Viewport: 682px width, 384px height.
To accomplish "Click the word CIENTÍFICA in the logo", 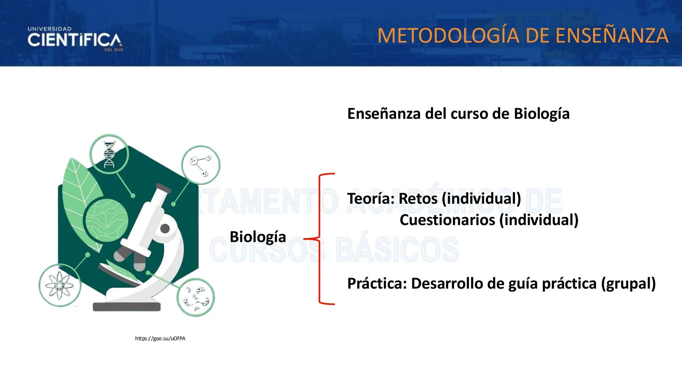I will (x=75, y=40).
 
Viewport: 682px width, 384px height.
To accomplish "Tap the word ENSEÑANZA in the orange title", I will (x=612, y=36).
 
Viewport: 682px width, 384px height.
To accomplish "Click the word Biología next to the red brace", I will (x=258, y=237).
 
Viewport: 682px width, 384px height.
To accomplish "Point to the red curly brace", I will (x=321, y=238).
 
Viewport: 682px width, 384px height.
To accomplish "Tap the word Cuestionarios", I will (x=447, y=220).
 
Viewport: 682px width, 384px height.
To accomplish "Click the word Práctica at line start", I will (x=377, y=283).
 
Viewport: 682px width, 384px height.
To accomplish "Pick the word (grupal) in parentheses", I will (x=628, y=283).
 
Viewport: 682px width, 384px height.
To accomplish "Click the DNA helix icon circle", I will (x=109, y=154).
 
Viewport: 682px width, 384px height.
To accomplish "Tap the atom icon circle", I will (x=60, y=285).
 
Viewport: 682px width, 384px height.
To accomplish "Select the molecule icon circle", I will (x=201, y=165).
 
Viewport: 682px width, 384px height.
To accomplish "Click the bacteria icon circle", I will (x=195, y=297).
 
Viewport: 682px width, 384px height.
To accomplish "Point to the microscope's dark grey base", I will (x=126, y=307).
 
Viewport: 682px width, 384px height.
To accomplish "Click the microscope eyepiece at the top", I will (x=163, y=188).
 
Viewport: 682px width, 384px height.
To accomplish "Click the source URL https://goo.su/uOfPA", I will (x=160, y=338).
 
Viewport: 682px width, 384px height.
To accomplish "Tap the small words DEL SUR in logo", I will (x=114, y=50).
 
